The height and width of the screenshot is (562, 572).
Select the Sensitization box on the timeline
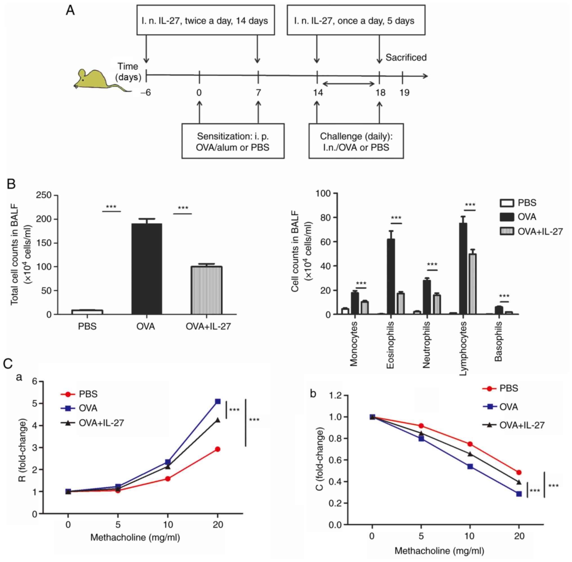click(x=233, y=141)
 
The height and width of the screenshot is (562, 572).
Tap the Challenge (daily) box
click(x=356, y=141)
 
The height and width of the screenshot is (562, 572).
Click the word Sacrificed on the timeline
click(x=406, y=57)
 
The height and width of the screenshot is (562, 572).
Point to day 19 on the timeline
click(x=404, y=93)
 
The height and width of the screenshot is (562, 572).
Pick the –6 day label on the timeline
click(x=146, y=93)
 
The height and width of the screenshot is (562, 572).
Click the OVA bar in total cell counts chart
click(x=146, y=268)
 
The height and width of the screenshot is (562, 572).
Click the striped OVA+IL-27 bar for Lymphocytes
click(x=472, y=284)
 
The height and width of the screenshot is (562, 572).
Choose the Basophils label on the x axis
click(x=498, y=341)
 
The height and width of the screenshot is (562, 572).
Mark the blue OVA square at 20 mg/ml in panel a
click(x=218, y=401)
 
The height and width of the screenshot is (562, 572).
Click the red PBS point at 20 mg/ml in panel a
click(x=218, y=449)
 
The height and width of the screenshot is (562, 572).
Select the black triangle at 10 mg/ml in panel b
click(x=470, y=453)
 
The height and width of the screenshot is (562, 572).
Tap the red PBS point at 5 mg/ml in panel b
click(x=421, y=426)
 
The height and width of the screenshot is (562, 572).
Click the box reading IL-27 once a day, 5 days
click(x=356, y=21)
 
